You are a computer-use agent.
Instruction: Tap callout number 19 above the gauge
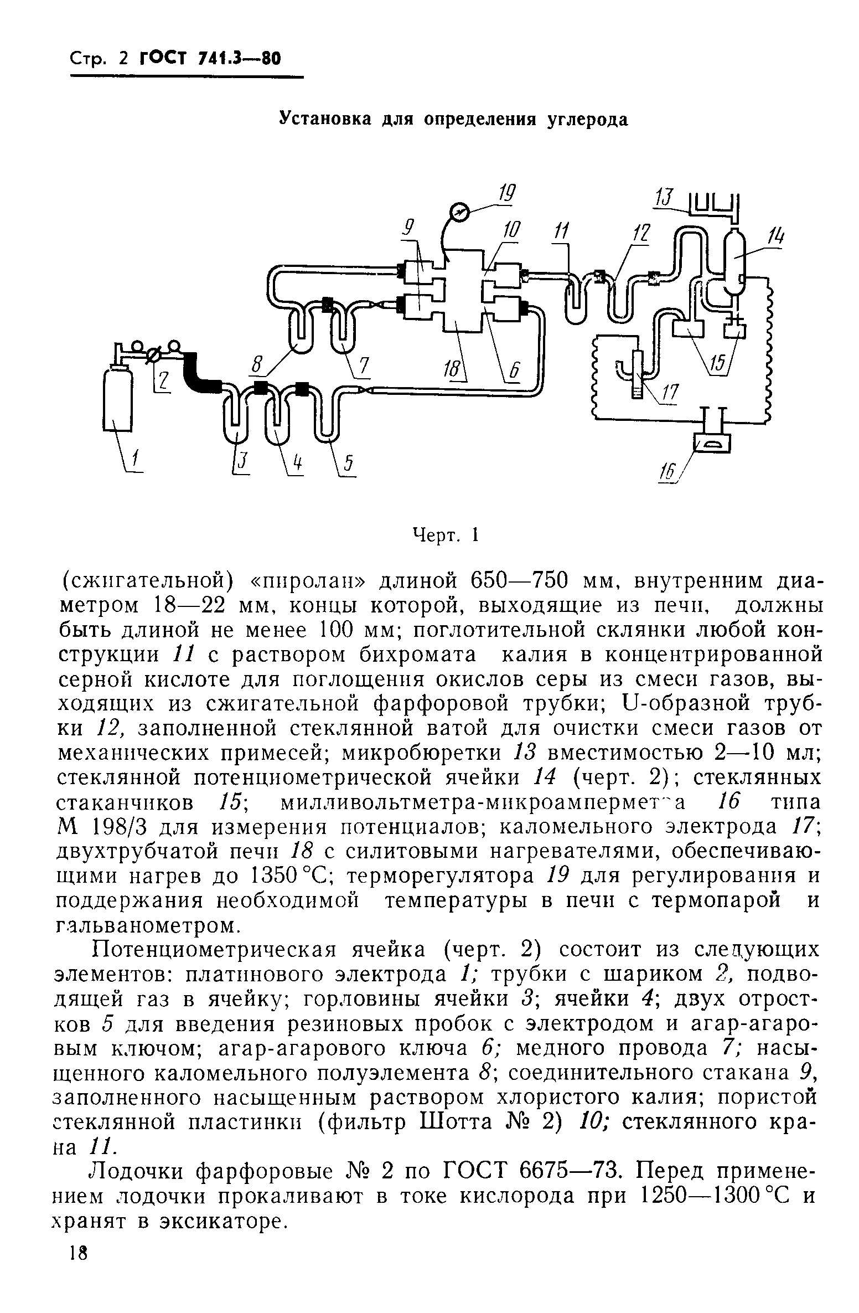click(x=505, y=194)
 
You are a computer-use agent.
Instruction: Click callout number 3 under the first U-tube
click(x=241, y=463)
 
